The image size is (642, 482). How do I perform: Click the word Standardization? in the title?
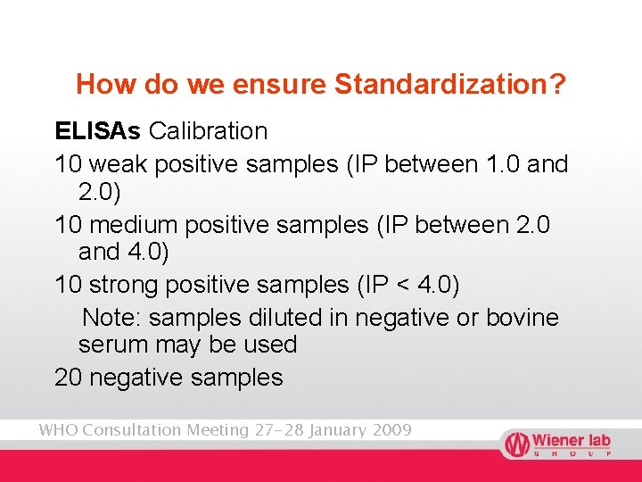(x=449, y=85)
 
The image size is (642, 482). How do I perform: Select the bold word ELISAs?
(x=97, y=131)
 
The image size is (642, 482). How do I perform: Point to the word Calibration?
(x=208, y=131)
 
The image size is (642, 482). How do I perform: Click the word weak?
(x=117, y=165)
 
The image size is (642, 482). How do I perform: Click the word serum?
(x=111, y=345)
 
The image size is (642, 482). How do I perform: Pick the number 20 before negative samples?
(x=69, y=378)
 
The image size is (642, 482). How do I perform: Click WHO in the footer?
(x=57, y=430)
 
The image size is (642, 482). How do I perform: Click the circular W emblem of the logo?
(x=515, y=444)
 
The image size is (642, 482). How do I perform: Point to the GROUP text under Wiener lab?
(x=571, y=453)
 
